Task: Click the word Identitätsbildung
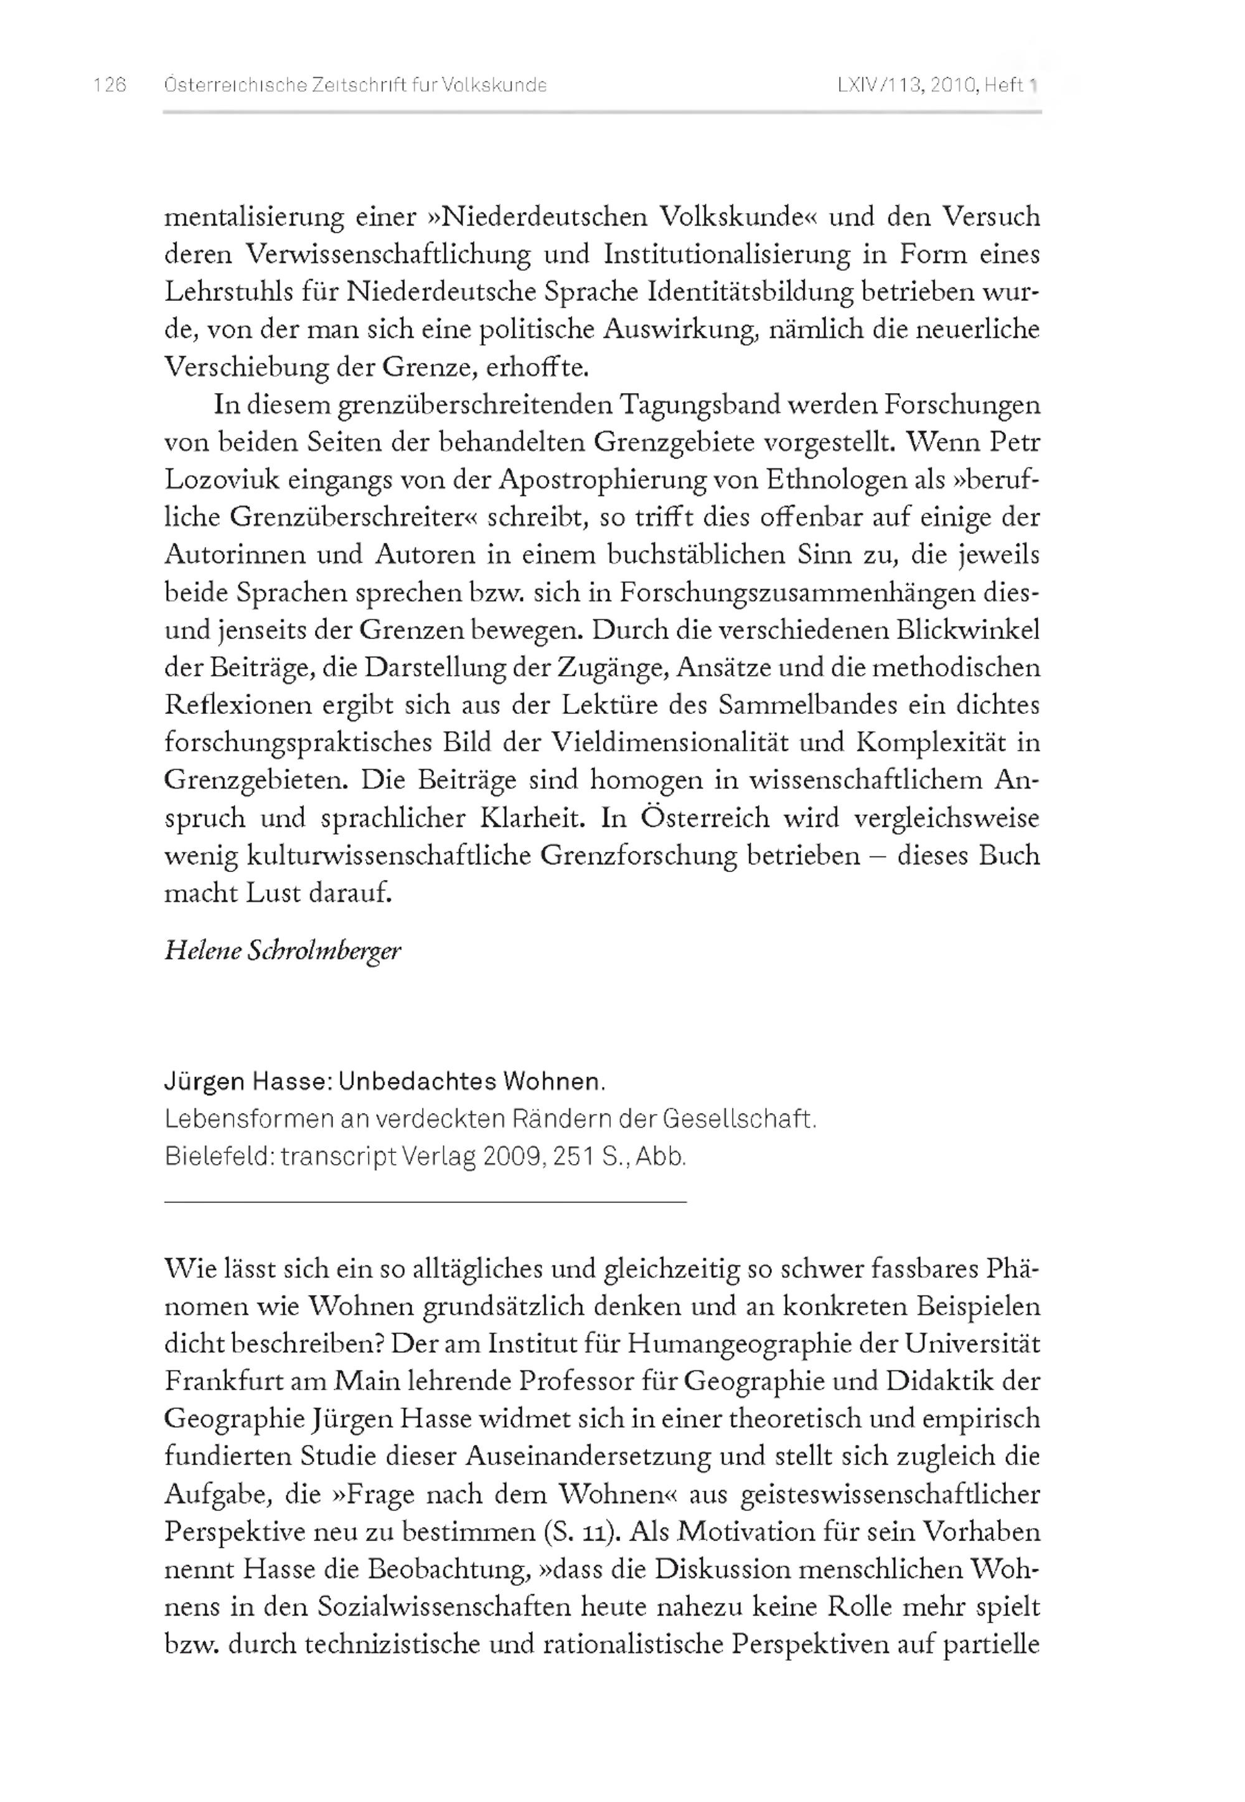coord(751,292)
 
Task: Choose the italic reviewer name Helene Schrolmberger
coord(283,951)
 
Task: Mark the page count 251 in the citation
coord(573,1157)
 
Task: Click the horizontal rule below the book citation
coord(425,1203)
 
